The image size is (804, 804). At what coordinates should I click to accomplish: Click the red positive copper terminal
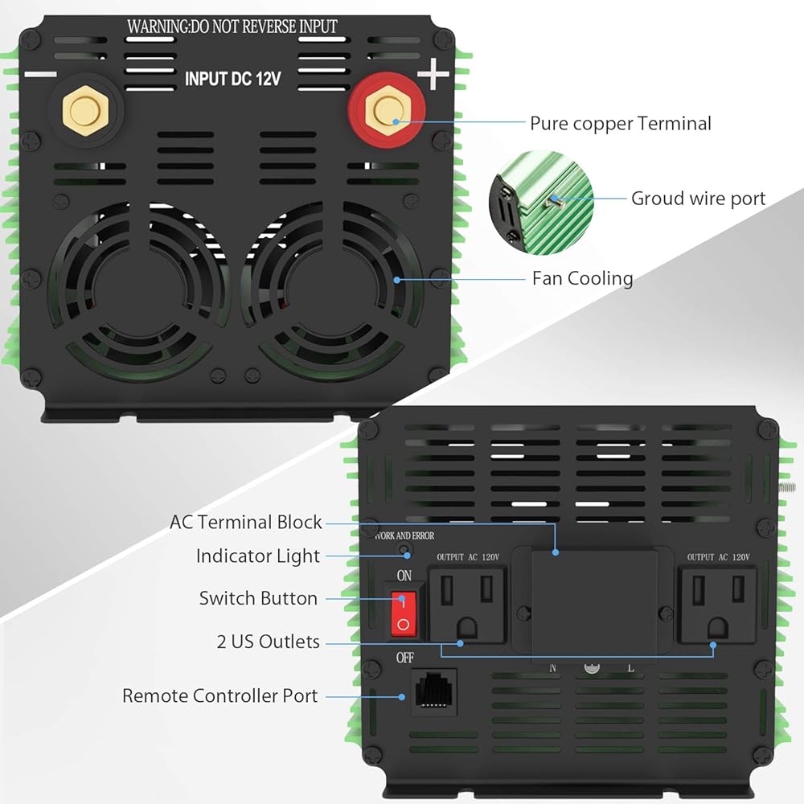388,114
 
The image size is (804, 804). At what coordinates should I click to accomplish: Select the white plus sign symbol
433,76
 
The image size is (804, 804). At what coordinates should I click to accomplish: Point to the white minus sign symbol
40,75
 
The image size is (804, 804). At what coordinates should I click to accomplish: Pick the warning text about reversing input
232,27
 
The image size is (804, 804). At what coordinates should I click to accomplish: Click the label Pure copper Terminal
620,123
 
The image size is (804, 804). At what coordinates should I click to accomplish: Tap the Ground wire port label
698,198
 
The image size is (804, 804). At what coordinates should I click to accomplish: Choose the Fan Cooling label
582,278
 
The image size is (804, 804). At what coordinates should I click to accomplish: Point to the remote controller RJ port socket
433,691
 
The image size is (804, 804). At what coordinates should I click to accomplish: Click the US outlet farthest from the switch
717,605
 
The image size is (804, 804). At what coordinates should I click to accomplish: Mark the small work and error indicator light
407,553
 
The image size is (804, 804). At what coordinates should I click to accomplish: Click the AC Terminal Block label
245,522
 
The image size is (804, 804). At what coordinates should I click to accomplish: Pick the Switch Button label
258,598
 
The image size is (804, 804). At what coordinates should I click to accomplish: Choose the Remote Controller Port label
219,695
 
